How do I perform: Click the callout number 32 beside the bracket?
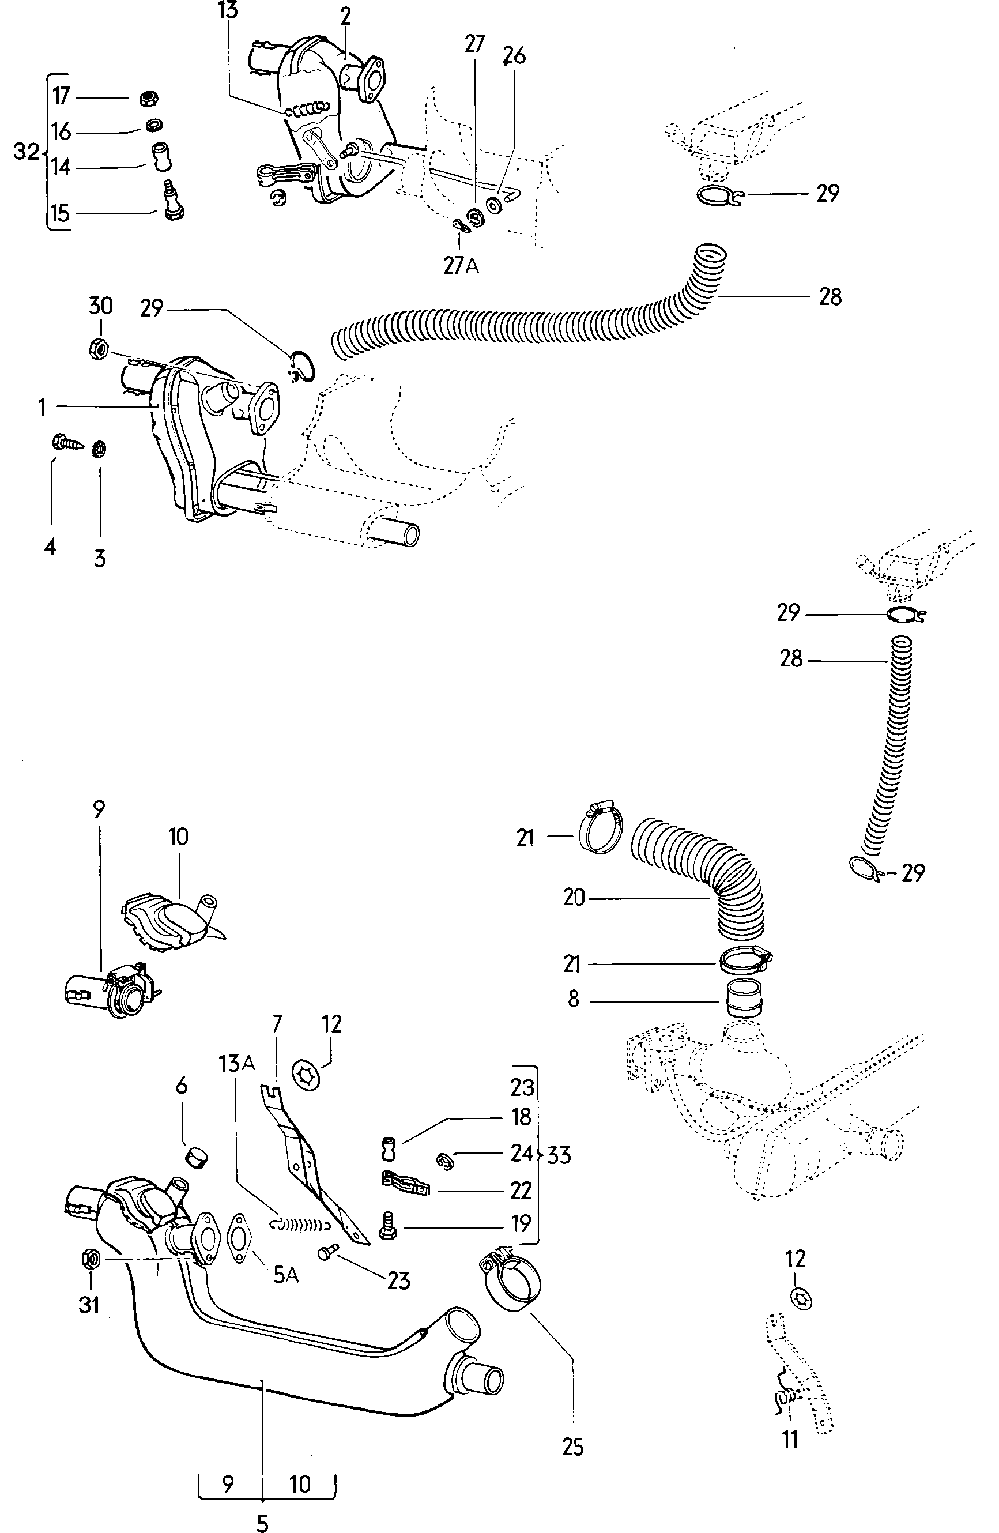click(26, 152)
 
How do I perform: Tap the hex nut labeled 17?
click(149, 99)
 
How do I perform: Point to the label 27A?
click(461, 265)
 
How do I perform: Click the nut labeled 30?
click(97, 348)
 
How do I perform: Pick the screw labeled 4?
click(66, 444)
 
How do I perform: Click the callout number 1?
click(42, 407)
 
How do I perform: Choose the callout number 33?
click(559, 1155)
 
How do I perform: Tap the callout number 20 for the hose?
click(573, 897)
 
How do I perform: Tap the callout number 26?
click(515, 56)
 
